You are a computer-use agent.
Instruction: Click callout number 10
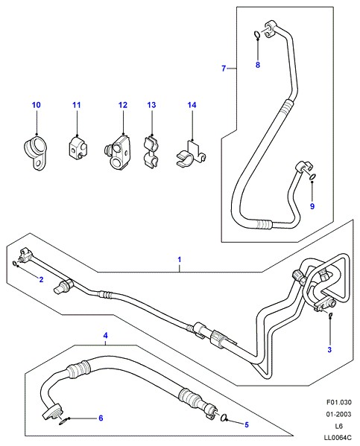click(x=37, y=105)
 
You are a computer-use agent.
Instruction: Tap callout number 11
click(x=76, y=105)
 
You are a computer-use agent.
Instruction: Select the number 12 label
click(x=123, y=105)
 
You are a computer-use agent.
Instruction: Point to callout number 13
click(x=151, y=105)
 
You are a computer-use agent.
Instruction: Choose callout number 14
click(x=192, y=105)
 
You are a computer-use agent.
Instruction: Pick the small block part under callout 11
click(x=78, y=149)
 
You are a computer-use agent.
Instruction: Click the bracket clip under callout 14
click(x=191, y=156)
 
